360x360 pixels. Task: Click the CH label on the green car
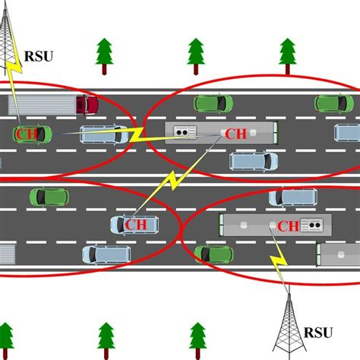click(24, 134)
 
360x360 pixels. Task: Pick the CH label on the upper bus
click(236, 134)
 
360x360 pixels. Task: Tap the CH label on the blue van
click(137, 225)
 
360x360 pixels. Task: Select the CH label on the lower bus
click(288, 226)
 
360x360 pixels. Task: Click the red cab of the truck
click(86, 104)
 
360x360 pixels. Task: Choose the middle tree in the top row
click(196, 55)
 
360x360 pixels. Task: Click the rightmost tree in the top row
click(287, 55)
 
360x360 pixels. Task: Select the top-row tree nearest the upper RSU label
click(103, 55)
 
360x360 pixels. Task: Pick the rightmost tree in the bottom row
click(197, 338)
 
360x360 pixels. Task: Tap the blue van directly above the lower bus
click(293, 197)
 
